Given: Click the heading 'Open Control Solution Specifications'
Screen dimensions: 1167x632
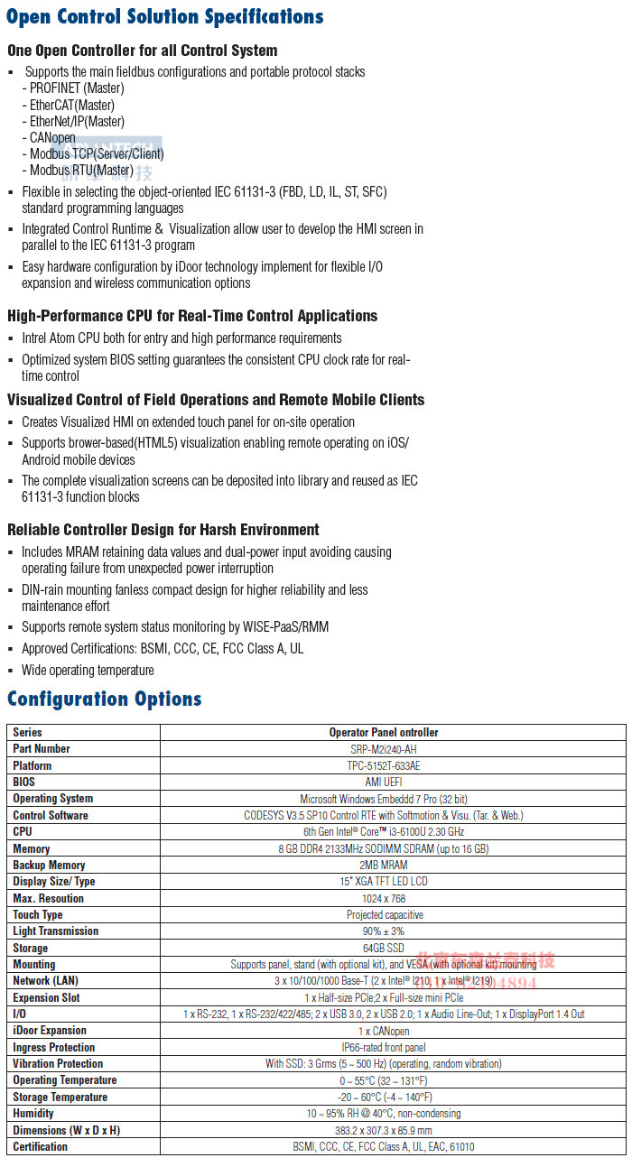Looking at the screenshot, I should [165, 17].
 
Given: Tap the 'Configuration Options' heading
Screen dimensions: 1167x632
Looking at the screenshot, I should [105, 699].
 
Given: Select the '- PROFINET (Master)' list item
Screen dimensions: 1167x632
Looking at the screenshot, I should [77, 88].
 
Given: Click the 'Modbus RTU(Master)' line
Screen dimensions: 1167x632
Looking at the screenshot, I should [81, 171].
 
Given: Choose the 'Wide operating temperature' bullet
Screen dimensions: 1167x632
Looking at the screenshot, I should [88, 671].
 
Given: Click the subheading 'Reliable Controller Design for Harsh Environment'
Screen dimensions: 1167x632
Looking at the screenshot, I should [163, 530].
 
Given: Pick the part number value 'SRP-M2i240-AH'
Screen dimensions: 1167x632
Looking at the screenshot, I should [384, 749].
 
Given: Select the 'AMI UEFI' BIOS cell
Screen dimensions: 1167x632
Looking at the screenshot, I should [384, 783].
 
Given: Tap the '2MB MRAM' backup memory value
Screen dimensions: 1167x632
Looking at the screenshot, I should [384, 866].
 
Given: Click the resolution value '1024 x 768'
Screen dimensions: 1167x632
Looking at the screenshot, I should [384, 899].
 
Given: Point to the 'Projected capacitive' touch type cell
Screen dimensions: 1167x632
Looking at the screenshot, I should [384, 915].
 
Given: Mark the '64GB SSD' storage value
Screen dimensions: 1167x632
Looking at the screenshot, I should [384, 949].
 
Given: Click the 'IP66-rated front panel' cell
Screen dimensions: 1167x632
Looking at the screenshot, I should [384, 1048].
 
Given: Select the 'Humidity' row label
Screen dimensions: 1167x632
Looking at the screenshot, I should [33, 1114].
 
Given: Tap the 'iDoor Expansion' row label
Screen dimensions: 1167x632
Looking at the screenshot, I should [50, 1031].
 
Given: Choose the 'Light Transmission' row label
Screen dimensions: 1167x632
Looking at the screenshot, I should [56, 931].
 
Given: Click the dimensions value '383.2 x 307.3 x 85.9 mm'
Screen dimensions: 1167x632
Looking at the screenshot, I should [384, 1131].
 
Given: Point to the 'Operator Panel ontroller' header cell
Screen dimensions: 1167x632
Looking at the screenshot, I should [384, 733].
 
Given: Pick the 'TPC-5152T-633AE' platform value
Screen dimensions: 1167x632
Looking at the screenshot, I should [384, 766].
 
